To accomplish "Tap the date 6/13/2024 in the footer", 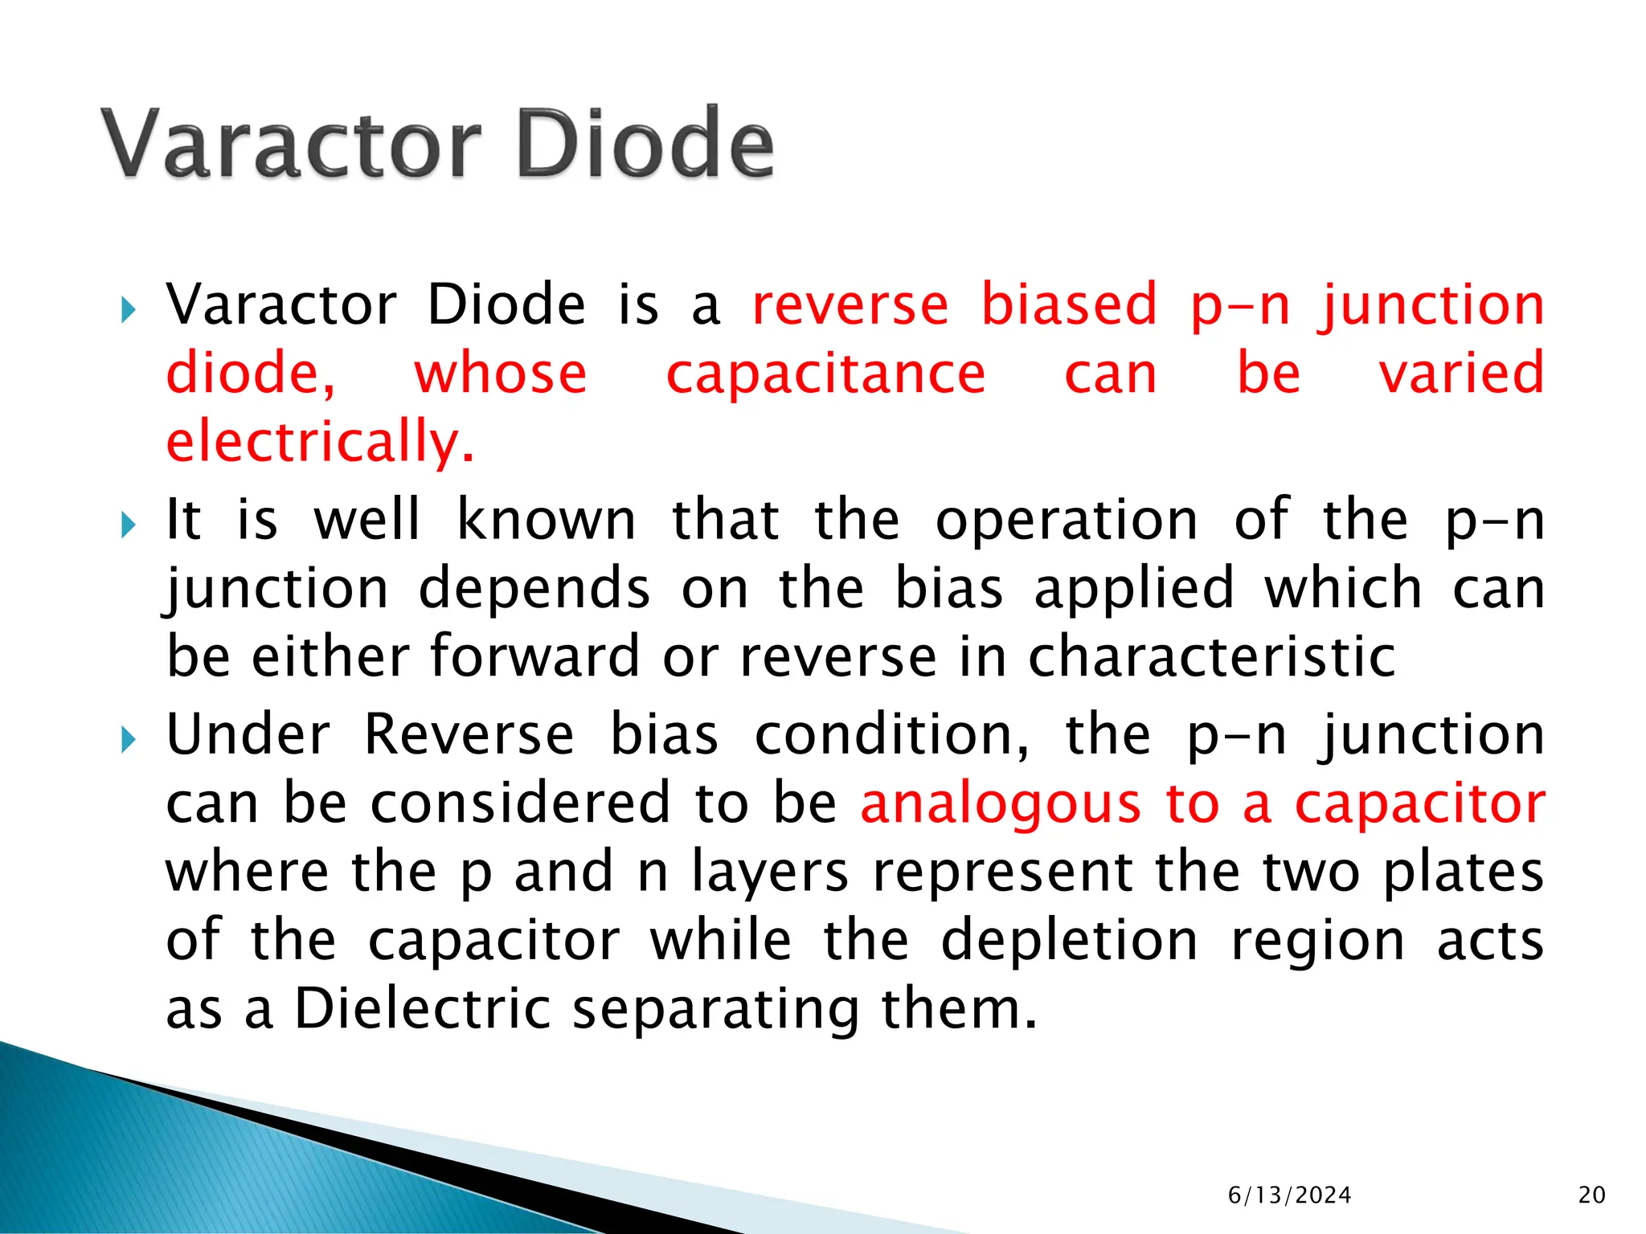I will pyautogui.click(x=1289, y=1195).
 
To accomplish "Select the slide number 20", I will pyautogui.click(x=1591, y=1195).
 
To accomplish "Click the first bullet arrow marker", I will pyautogui.click(x=128, y=310).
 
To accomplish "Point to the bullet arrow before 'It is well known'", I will pyautogui.click(x=128, y=525).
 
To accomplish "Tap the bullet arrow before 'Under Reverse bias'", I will pyautogui.click(x=128, y=740).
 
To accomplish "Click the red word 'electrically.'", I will pyautogui.click(x=320, y=443).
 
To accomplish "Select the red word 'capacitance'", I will pyautogui.click(x=825, y=374).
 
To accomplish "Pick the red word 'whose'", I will pyautogui.click(x=500, y=374).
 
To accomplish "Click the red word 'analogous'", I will pyautogui.click(x=1000, y=804).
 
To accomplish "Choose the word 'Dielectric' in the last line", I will pyautogui.click(x=423, y=1009).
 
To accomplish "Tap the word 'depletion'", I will pyautogui.click(x=1069, y=941).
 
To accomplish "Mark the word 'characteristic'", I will pyautogui.click(x=1211, y=657).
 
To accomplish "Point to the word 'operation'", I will pyautogui.click(x=1067, y=521).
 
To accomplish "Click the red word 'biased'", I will pyautogui.click(x=1069, y=305).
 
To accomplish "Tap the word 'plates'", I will pyautogui.click(x=1463, y=872).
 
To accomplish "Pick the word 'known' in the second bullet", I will pyautogui.click(x=547, y=521).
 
